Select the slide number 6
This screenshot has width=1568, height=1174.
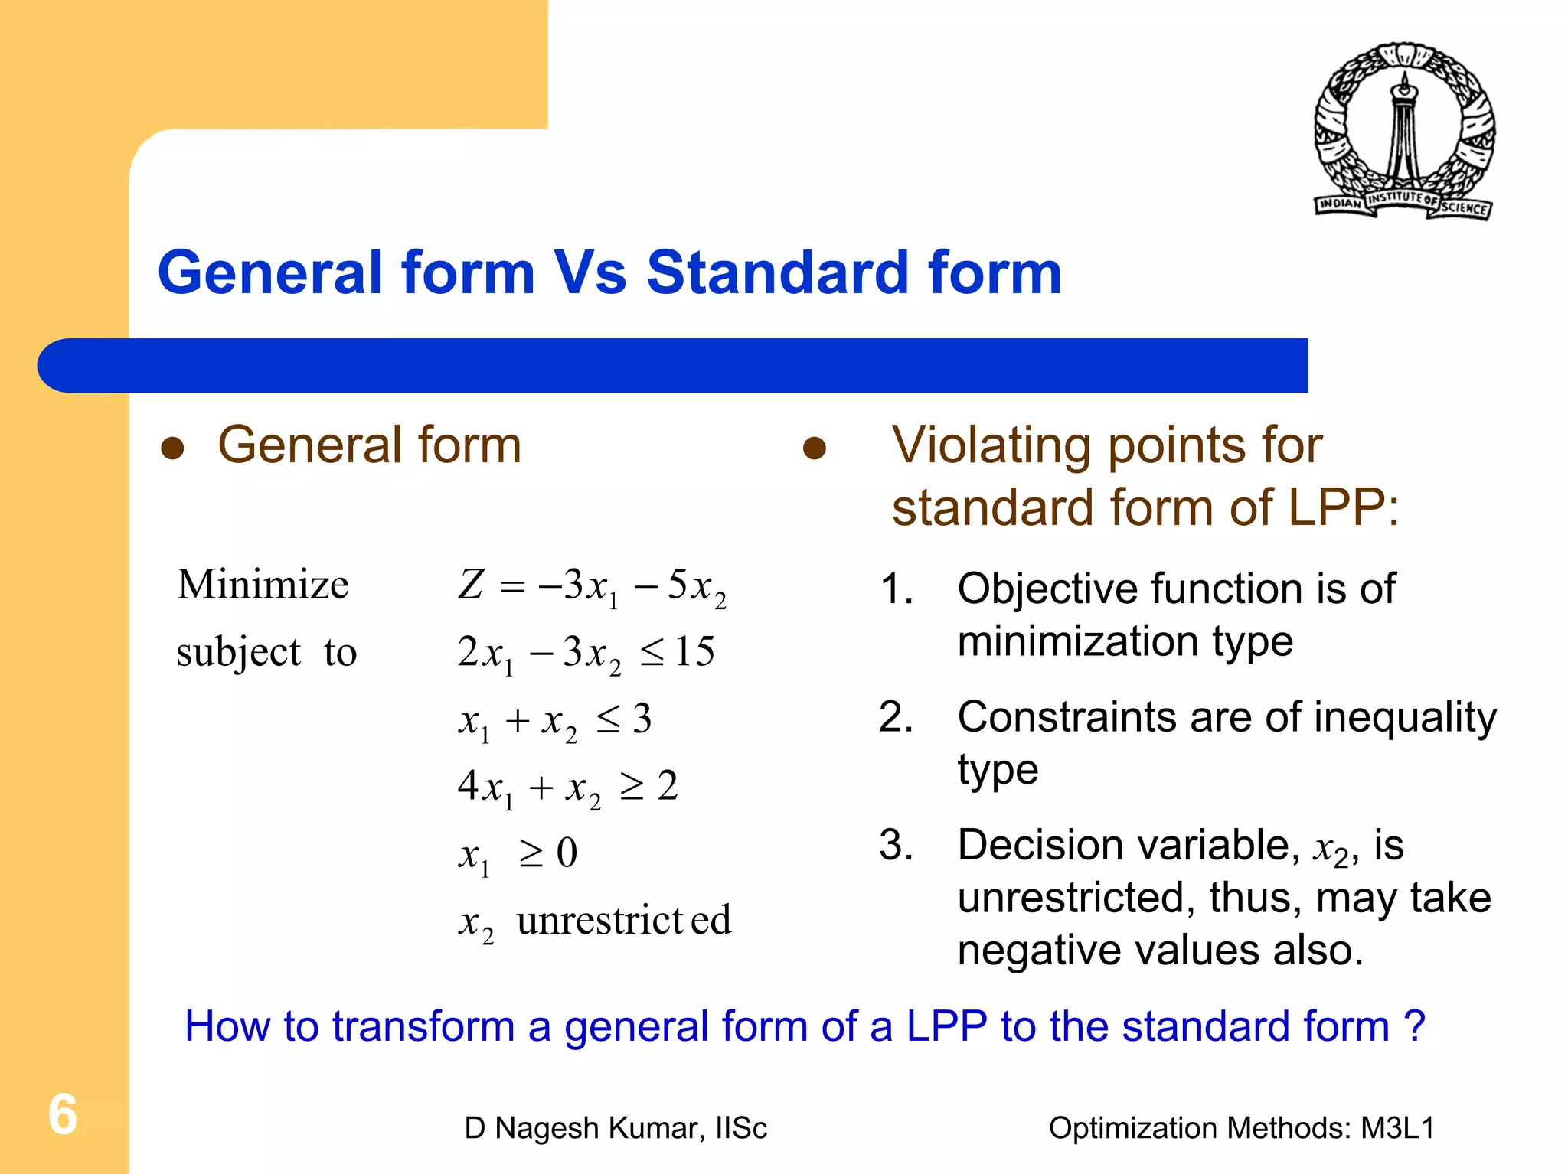tap(63, 1114)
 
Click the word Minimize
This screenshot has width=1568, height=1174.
tap(263, 585)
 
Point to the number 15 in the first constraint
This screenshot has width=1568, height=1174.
tap(694, 652)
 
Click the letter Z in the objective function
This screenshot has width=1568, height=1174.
tap(471, 585)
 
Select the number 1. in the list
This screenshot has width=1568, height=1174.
tap(896, 589)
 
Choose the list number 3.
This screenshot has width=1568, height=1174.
tap(896, 846)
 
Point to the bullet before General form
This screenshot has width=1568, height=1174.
tap(173, 448)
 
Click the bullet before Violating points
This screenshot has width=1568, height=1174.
tap(814, 448)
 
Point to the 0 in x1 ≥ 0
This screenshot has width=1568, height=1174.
tap(567, 853)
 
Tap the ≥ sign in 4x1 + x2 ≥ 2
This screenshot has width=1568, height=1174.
tap(632, 786)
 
